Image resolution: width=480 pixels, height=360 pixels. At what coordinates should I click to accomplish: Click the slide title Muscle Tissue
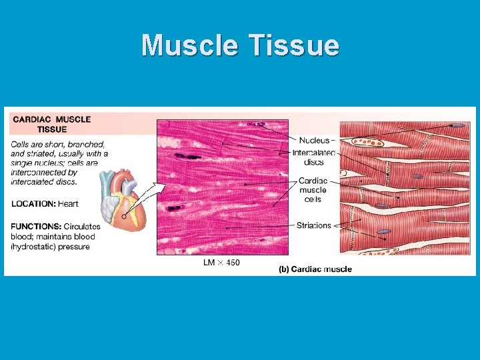240,45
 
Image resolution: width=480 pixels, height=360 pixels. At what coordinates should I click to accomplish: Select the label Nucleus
314,140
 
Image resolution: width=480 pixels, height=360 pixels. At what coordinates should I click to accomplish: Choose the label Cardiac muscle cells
313,189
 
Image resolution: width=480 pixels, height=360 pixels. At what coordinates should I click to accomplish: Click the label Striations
313,225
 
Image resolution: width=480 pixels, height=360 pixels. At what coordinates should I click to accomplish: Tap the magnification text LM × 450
221,263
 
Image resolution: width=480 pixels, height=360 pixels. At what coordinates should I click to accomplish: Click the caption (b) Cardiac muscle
315,269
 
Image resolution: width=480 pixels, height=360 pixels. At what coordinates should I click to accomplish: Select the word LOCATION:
33,203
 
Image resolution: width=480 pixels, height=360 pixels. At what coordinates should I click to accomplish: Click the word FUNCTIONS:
36,227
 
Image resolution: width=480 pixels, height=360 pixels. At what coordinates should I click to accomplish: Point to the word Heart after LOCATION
69,203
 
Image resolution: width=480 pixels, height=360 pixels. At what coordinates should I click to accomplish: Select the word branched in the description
86,144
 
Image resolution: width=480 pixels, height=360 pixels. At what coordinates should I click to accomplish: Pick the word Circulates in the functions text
83,227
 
